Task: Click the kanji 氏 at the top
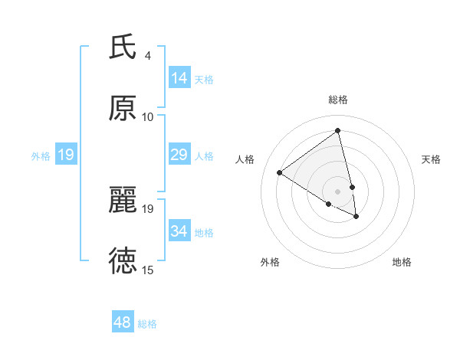tap(123, 47)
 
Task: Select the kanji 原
tap(123, 108)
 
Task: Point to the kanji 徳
tap(123, 260)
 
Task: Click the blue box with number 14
tap(179, 78)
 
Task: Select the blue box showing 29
tap(179, 155)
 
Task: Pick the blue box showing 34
tap(179, 231)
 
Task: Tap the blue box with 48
tap(123, 322)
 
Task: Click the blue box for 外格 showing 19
tap(66, 155)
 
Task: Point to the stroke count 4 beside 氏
tap(147, 56)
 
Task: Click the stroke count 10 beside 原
tap(147, 117)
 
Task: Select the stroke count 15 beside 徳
tap(147, 270)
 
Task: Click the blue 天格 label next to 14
tap(204, 79)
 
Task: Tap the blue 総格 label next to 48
tap(147, 324)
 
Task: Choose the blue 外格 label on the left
tap(41, 156)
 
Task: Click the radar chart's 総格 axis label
tap(338, 100)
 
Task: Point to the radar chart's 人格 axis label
tap(245, 159)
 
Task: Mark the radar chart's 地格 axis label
tap(402, 262)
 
